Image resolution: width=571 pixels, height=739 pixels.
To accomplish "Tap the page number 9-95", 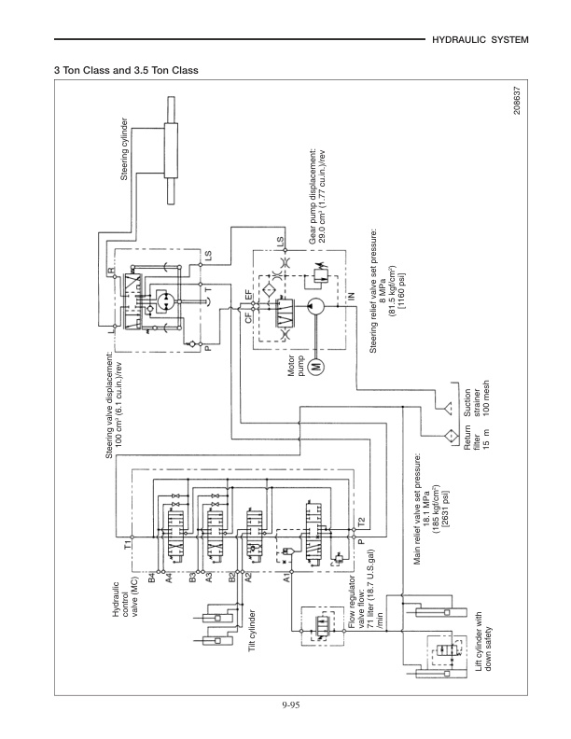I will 286,705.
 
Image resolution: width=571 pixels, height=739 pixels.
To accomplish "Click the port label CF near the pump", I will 248,317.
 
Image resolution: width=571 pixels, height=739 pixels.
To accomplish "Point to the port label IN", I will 351,296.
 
